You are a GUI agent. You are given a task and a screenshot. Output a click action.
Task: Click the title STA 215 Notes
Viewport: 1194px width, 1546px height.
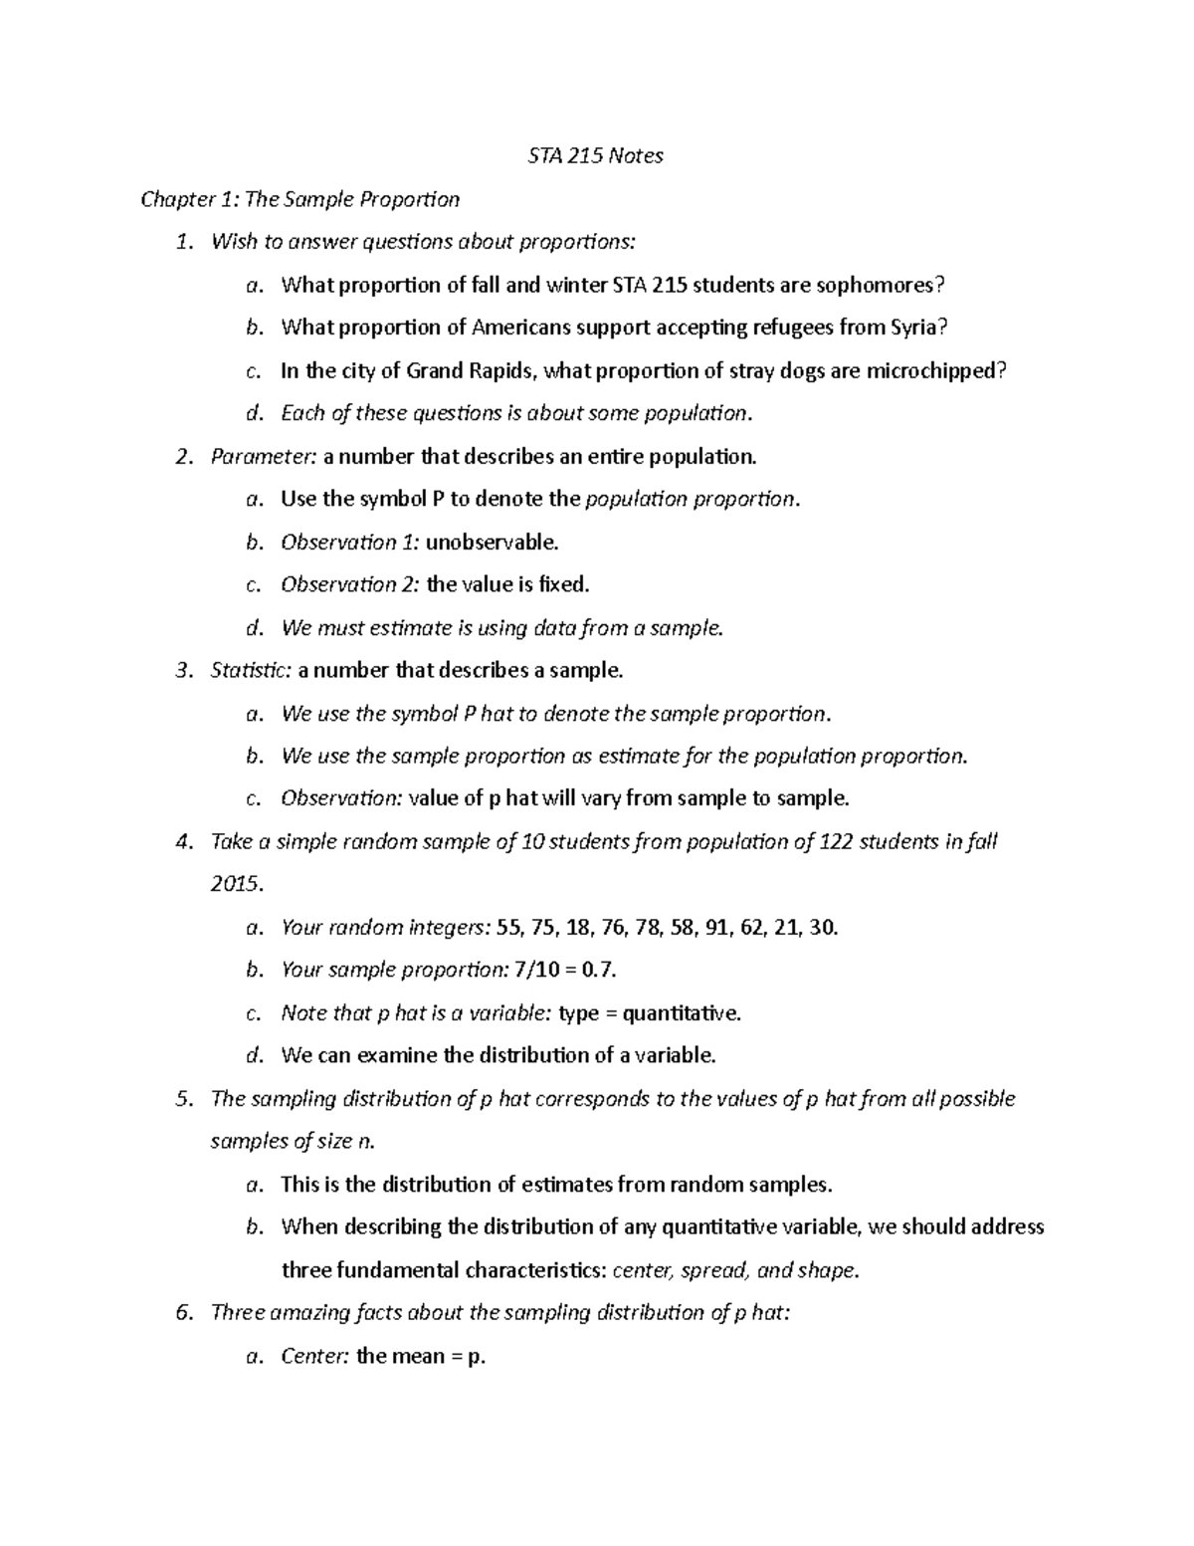click(594, 155)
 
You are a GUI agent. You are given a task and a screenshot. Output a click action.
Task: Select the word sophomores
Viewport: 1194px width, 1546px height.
click(880, 285)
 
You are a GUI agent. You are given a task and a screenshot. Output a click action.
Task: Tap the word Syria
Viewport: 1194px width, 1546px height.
click(911, 328)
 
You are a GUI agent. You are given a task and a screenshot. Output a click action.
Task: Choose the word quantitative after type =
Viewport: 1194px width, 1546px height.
click(682, 1012)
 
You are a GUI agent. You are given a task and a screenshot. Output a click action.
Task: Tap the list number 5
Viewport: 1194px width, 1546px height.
click(181, 1098)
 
